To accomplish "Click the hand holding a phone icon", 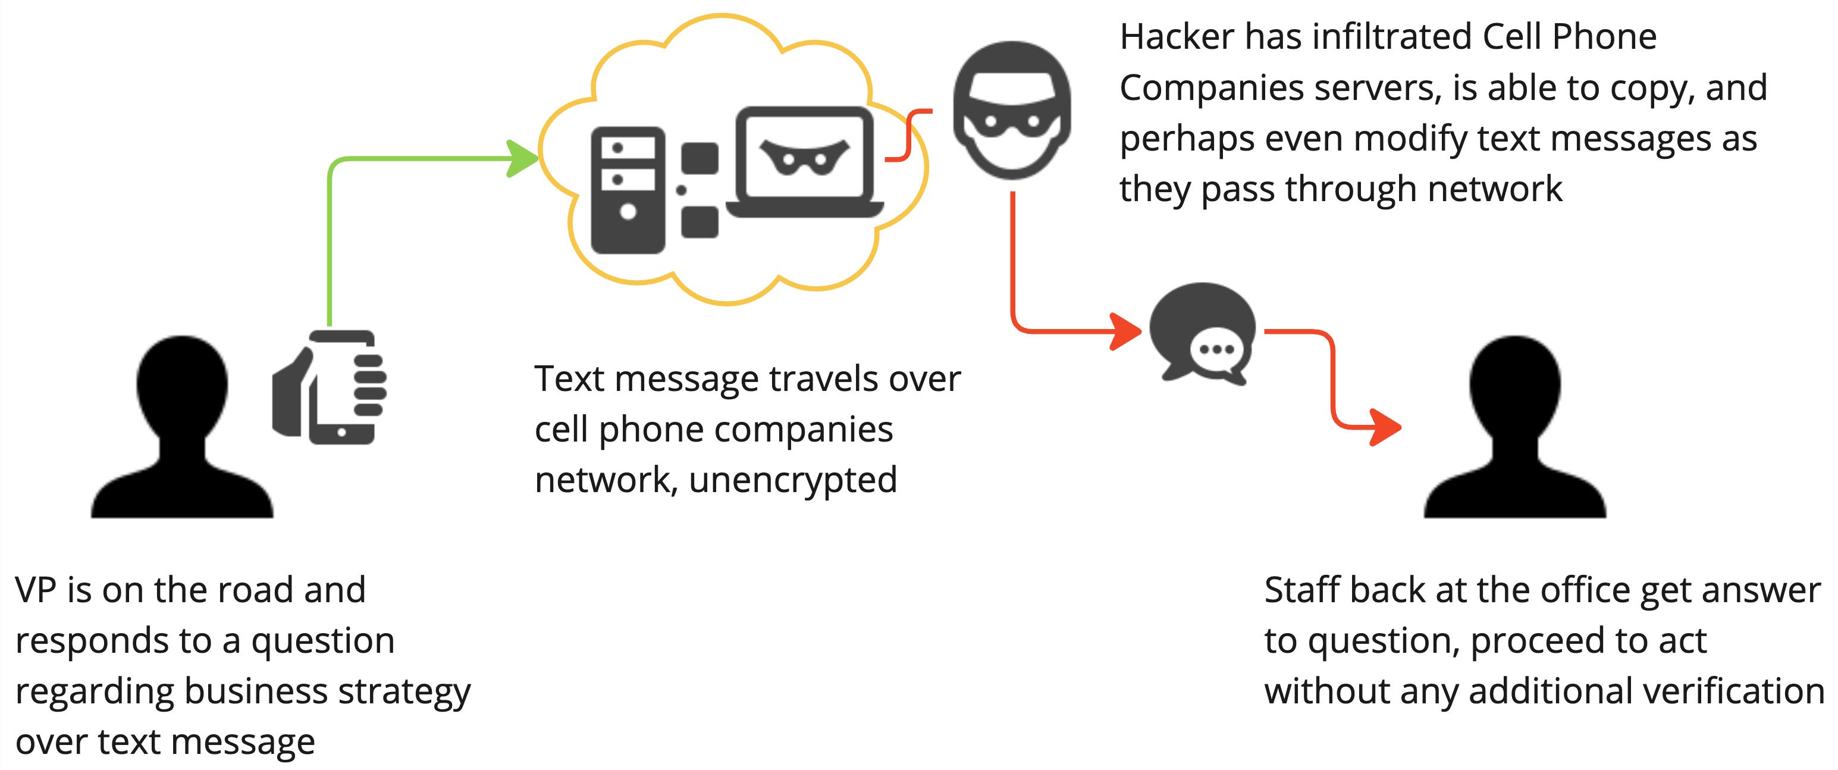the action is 329,387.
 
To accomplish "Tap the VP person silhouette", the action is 182,427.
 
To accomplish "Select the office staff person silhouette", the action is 1515,427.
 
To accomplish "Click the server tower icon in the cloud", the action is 628,190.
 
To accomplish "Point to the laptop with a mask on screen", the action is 805,162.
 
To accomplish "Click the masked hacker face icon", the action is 1012,110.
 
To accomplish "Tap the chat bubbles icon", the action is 1203,334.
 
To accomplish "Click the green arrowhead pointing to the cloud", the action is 522,158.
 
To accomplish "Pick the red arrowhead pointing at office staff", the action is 1385,427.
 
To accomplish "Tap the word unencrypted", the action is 793,481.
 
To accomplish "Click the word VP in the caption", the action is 35,590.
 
